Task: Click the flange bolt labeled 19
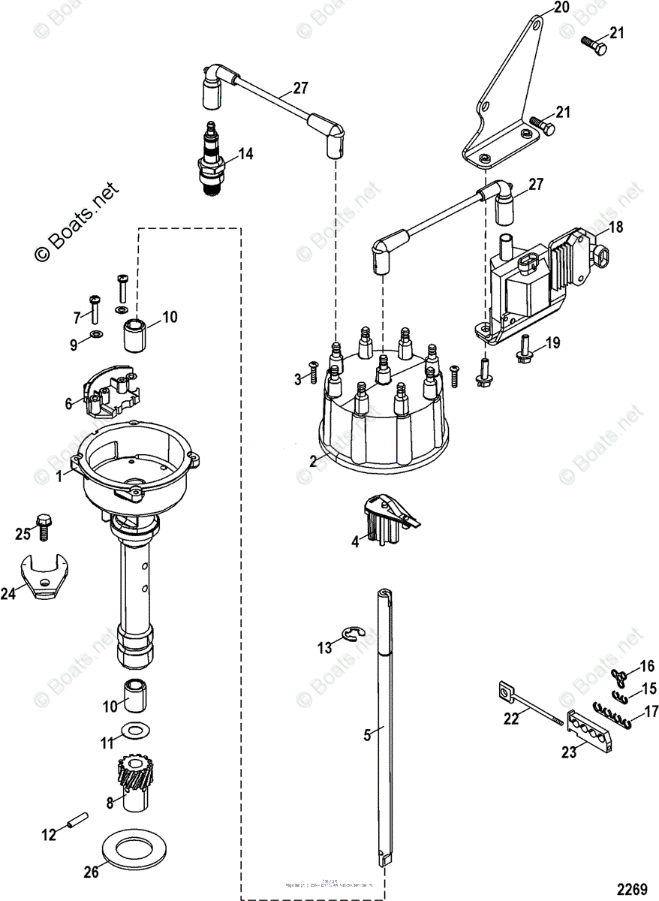[524, 353]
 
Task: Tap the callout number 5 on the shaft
[367, 735]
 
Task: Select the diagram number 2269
[631, 888]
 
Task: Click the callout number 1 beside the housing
[59, 476]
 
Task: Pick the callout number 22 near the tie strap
[511, 719]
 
